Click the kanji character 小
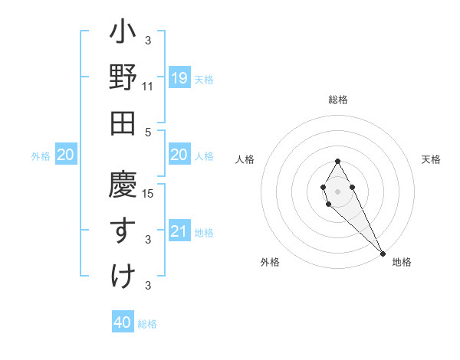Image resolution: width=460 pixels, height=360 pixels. (x=123, y=34)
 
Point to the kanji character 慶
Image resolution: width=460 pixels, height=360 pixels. (x=123, y=186)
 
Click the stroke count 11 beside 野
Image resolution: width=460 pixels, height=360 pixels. (x=148, y=87)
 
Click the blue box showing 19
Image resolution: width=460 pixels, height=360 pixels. (x=179, y=78)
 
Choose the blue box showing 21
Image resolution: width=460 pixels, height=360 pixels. (x=179, y=231)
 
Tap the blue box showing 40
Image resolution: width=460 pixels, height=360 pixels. (x=123, y=322)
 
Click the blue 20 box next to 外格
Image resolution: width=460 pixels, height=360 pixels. (x=66, y=155)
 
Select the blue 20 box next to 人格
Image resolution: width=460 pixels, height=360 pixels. (x=179, y=155)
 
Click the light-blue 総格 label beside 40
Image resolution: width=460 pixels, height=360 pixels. (x=147, y=324)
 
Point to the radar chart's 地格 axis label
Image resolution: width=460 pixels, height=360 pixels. (x=402, y=262)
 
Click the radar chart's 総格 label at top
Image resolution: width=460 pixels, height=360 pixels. (x=338, y=100)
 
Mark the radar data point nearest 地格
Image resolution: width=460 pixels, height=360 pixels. (x=383, y=253)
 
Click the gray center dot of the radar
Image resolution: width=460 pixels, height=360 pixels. (x=337, y=191)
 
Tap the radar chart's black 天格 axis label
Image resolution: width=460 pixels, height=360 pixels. (x=432, y=159)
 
